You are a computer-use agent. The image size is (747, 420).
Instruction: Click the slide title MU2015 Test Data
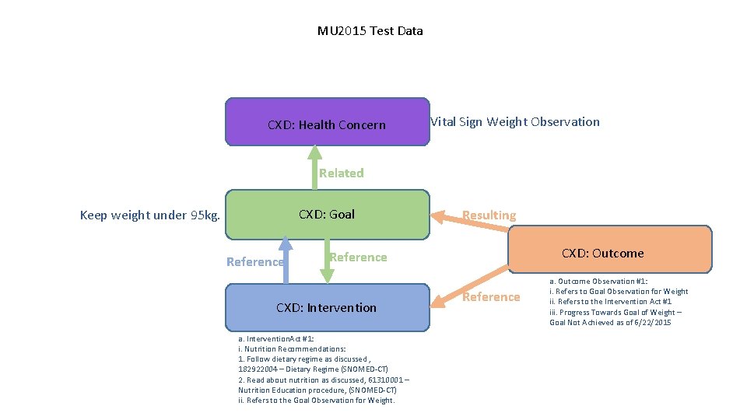point(370,31)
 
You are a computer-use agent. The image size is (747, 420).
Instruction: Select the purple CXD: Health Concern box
point(327,122)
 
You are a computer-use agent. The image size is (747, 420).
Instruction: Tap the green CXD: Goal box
point(327,214)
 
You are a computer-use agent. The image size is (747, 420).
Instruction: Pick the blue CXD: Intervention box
point(327,307)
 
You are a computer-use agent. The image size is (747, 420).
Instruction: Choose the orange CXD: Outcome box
point(610,250)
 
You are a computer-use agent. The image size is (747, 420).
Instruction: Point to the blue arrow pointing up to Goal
point(286,260)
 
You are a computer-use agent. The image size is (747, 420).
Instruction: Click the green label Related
point(341,173)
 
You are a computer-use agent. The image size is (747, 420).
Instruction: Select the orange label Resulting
point(489,215)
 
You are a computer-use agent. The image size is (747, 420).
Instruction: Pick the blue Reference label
point(254,262)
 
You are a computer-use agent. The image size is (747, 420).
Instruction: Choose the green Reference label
point(358,257)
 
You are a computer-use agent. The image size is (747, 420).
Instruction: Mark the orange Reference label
point(491,296)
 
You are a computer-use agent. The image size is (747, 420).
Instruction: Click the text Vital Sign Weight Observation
point(515,121)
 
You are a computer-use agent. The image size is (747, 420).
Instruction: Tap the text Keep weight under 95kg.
point(149,215)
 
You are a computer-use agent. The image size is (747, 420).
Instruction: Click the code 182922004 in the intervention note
point(257,369)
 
